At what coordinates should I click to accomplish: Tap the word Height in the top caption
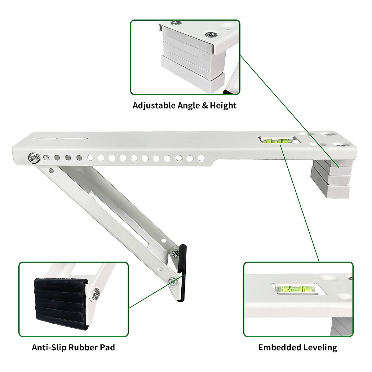pyautogui.click(x=223, y=105)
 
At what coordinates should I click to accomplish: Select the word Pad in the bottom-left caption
pyautogui.click(x=108, y=347)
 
